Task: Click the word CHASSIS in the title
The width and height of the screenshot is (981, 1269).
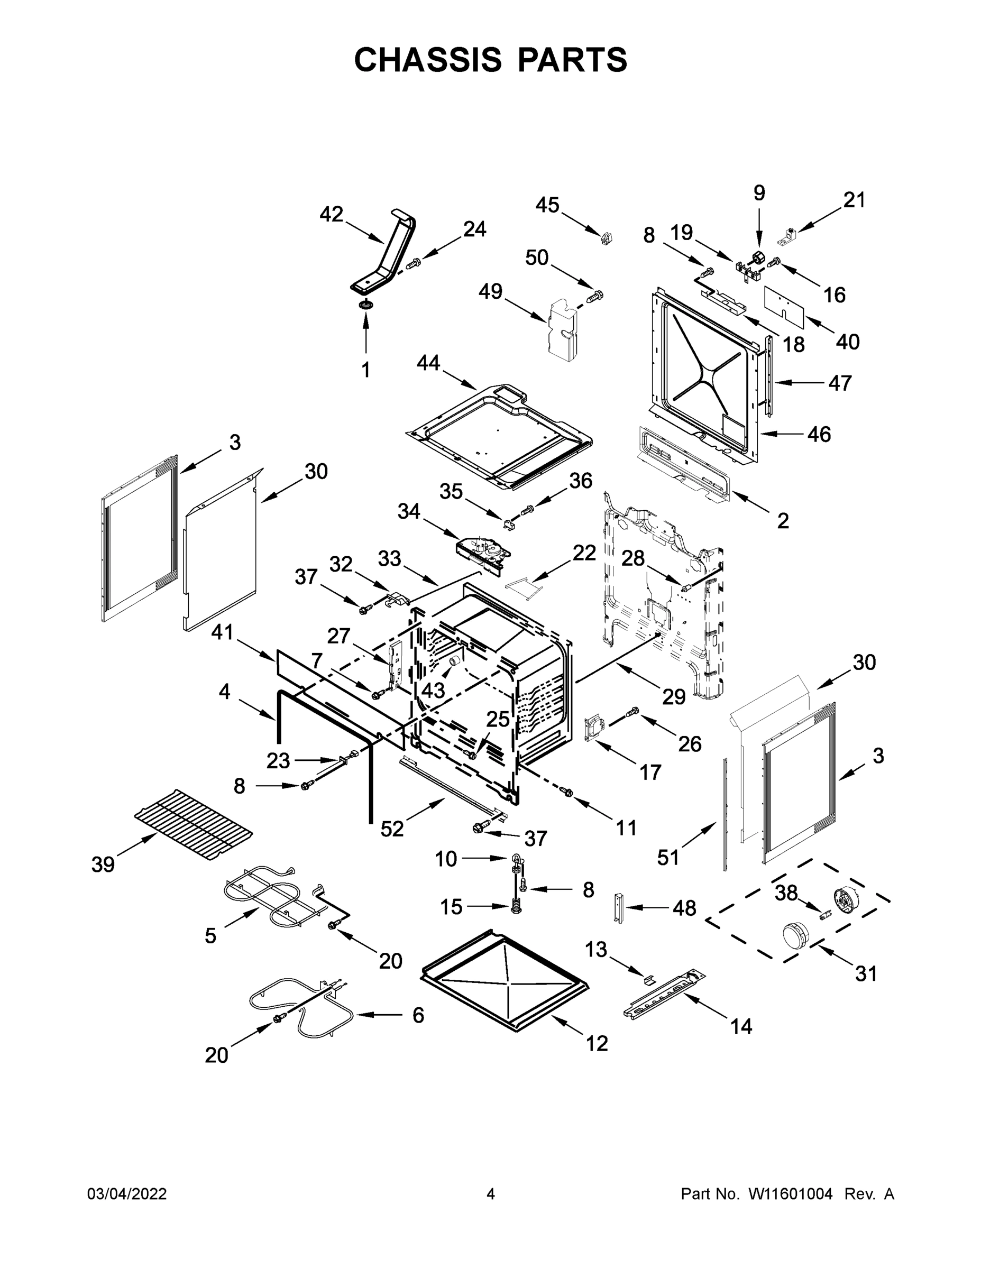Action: coord(428,59)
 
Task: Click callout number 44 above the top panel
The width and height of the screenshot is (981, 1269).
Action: coord(428,363)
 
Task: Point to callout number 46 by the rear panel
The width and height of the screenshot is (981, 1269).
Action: coord(819,434)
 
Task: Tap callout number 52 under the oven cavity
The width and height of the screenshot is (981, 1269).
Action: coord(392,829)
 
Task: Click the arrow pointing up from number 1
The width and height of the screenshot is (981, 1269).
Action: coord(366,334)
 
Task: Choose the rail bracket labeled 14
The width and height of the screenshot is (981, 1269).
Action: coord(663,995)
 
